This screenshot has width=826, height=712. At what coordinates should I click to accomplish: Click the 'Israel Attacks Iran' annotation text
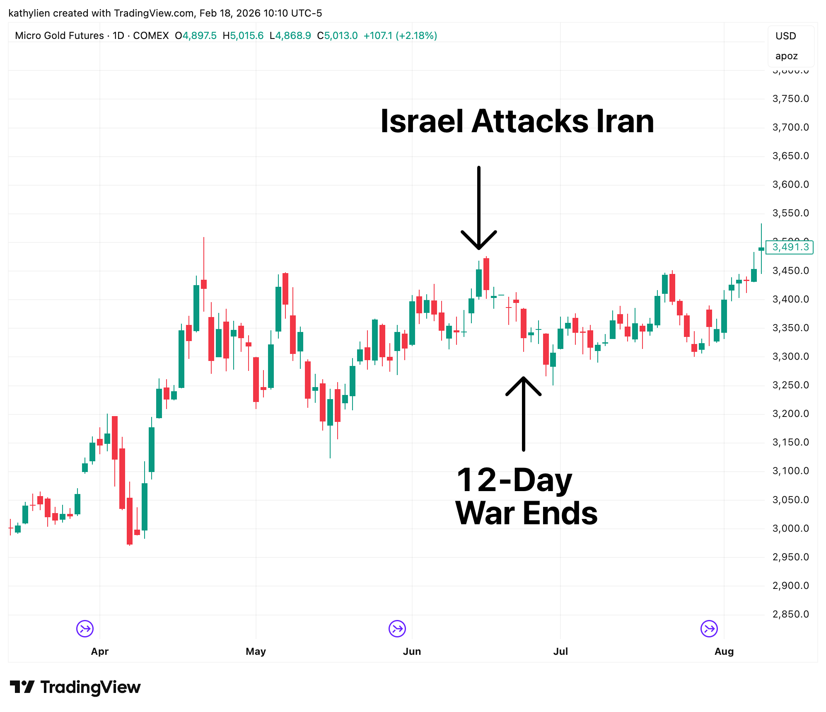click(517, 121)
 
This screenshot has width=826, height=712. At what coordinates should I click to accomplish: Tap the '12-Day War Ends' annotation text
click(526, 496)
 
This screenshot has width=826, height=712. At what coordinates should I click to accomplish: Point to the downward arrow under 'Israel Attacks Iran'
click(478, 207)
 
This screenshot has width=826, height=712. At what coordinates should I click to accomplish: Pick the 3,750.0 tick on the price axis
click(790, 99)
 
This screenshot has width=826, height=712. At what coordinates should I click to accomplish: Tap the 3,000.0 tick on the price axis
click(790, 528)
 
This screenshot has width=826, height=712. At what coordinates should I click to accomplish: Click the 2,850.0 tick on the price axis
click(790, 614)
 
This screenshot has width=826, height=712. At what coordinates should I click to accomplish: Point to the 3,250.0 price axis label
click(790, 385)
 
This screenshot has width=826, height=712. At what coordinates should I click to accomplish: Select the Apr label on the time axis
click(99, 651)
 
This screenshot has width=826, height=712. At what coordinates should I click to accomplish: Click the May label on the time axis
click(256, 651)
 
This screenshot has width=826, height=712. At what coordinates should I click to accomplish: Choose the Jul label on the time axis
click(560, 651)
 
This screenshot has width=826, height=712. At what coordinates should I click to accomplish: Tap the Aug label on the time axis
click(724, 651)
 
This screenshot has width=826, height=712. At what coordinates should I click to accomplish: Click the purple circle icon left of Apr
click(85, 629)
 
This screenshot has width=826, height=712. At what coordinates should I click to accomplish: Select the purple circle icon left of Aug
click(709, 629)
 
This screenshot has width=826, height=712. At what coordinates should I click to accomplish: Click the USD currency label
click(785, 36)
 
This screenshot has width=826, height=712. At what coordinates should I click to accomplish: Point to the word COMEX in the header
click(151, 36)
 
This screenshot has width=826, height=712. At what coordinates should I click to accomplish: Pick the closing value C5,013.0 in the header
click(337, 36)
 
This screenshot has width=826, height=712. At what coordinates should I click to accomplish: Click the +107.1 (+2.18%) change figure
click(400, 36)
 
